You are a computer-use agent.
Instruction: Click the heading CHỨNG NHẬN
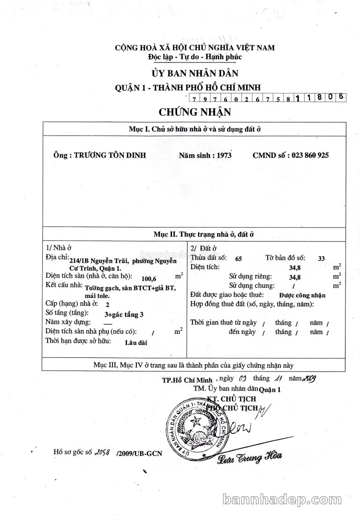(x=195, y=112)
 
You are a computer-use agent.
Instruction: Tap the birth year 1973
(x=221, y=155)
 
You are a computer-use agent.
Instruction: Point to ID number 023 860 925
(x=309, y=155)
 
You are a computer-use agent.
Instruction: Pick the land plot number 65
(x=239, y=258)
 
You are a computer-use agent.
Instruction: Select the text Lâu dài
(x=136, y=342)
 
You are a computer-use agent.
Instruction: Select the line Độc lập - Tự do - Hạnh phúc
(x=195, y=57)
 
